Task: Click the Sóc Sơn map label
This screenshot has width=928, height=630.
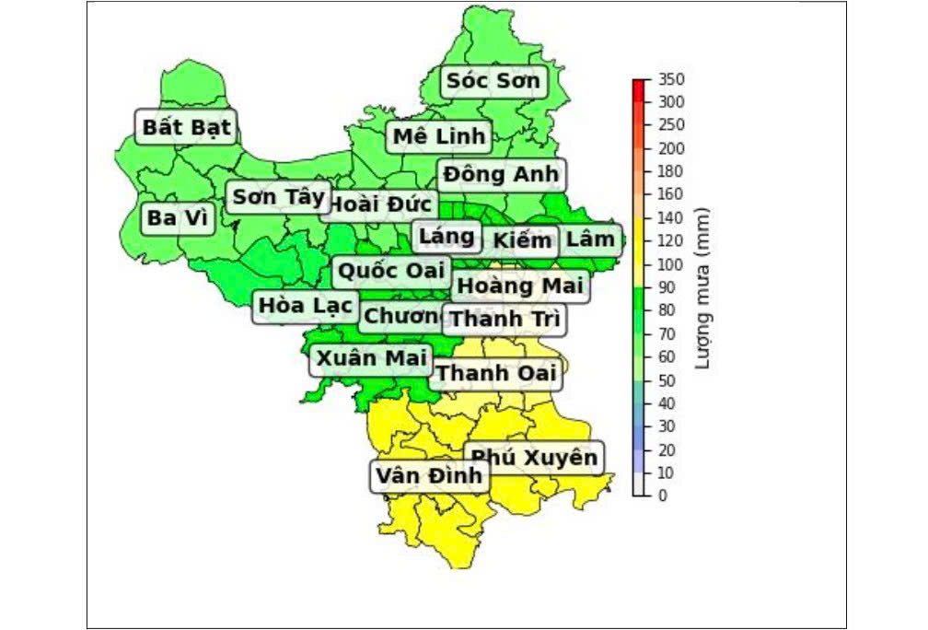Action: coord(493,82)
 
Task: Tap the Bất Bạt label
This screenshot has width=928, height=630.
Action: coord(187,127)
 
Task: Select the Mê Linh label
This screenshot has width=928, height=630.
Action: coord(438,137)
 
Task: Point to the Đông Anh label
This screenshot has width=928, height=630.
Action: coord(501,174)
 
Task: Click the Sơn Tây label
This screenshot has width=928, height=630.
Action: coord(278,197)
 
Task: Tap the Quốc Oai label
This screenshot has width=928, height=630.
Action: coord(391,272)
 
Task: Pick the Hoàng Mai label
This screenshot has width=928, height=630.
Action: coord(520,286)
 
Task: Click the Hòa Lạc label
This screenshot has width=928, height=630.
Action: coord(305,305)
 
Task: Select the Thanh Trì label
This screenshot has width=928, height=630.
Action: coord(505,320)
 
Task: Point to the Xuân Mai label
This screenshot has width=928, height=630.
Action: coord(372,358)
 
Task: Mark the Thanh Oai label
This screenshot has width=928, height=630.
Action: coord(496,373)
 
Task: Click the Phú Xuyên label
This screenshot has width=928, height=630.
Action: coord(534,458)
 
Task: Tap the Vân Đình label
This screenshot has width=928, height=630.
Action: coord(429,476)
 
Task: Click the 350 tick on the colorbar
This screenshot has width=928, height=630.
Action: coord(671,80)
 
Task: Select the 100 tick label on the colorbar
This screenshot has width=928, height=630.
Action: coord(671,265)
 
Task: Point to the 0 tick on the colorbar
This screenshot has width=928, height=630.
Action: coord(664,496)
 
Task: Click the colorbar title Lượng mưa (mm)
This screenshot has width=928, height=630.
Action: coord(703,287)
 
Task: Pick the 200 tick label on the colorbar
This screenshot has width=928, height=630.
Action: coord(671,148)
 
